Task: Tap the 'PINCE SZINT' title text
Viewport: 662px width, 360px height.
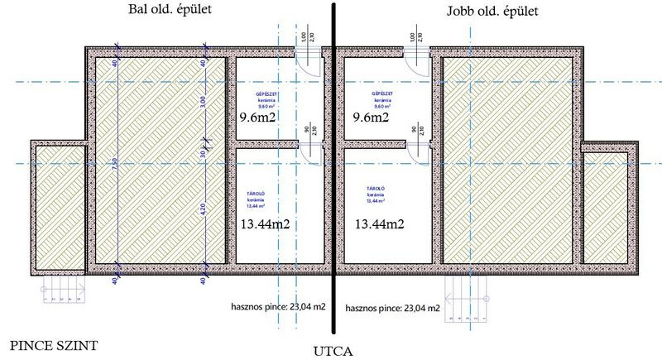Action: tap(48, 343)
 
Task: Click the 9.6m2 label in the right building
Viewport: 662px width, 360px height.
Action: tap(371, 118)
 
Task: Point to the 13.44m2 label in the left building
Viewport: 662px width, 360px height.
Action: tap(266, 223)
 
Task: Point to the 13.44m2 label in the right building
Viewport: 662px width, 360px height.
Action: tap(380, 223)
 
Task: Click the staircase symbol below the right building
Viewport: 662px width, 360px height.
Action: tap(469, 300)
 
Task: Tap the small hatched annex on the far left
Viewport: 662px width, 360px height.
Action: tap(57, 207)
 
